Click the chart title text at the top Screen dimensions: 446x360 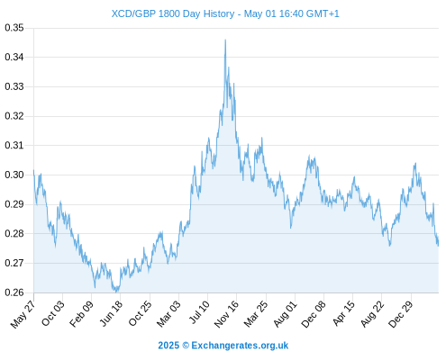[225, 13]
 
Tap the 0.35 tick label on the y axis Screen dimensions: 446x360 [14, 28]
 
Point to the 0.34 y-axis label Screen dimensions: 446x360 [14, 57]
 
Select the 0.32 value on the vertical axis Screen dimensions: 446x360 [14, 116]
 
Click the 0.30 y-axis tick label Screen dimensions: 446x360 [14, 175]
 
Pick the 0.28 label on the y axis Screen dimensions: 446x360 [14, 233]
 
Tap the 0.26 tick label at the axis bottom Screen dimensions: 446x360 [14, 292]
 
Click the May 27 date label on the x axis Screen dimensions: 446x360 [23, 314]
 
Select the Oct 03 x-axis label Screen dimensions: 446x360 [53, 313]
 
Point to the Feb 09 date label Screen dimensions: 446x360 [81, 313]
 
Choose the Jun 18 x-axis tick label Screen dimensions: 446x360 [111, 313]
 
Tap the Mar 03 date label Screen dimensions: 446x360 [168, 313]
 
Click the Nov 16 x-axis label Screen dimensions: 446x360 [226, 314]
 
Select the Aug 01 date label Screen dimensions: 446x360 [285, 313]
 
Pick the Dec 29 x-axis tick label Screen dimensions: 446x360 [400, 314]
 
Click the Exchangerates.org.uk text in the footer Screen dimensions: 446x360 [240, 346]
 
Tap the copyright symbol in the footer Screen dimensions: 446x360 [186, 346]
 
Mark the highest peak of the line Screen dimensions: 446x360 [225, 40]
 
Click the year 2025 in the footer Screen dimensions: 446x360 [168, 346]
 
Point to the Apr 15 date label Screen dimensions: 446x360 [343, 313]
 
